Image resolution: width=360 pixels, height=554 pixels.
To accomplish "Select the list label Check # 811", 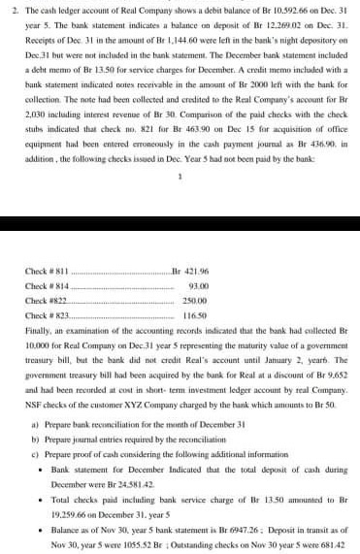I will (45, 271).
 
